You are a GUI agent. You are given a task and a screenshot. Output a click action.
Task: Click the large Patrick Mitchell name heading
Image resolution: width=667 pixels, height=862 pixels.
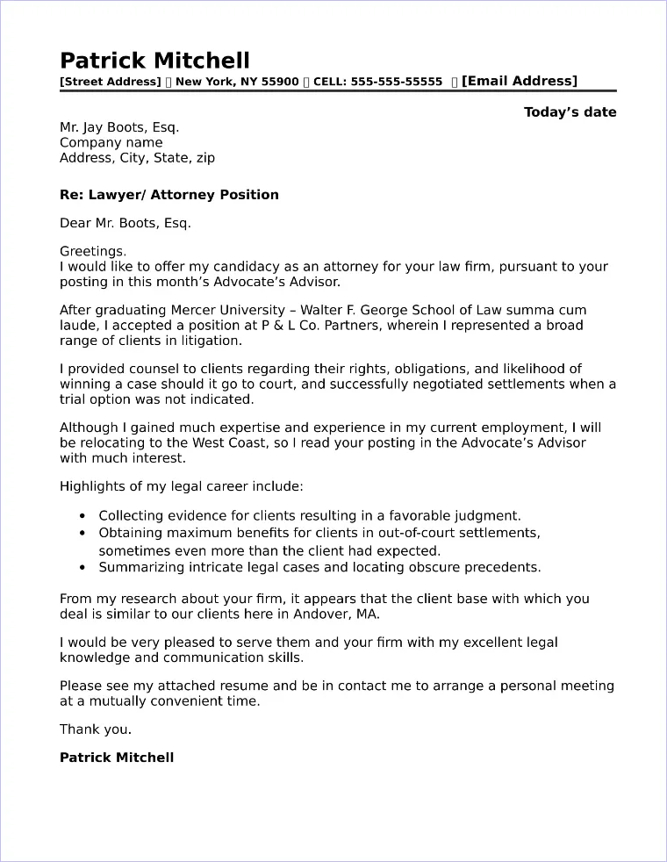point(154,61)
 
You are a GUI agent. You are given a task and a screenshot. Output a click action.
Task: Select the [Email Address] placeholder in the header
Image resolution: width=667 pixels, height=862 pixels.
point(520,82)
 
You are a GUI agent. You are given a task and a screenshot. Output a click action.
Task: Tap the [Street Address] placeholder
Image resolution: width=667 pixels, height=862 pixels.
point(110,83)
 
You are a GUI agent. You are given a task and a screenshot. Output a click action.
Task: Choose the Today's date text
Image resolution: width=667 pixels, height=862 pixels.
point(570,112)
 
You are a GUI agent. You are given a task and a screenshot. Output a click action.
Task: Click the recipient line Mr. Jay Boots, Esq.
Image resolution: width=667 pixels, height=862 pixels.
point(119,127)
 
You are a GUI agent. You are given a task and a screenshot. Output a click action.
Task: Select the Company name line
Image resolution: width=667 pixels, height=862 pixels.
point(111,143)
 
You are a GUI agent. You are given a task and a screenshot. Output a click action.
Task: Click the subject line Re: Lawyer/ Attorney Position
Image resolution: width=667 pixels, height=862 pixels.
point(169,195)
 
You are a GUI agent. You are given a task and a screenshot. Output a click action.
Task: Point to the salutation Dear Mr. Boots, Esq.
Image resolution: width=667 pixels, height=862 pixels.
point(125,223)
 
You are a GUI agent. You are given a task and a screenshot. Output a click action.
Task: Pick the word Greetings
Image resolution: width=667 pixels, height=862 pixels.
point(93,251)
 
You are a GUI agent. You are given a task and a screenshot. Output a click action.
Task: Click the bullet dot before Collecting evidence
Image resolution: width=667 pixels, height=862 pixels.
point(82,517)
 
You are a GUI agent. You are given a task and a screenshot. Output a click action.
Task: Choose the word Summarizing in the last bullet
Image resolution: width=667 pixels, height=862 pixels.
point(138,568)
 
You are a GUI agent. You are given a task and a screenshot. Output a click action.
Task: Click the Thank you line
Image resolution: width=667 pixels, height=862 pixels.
point(96,729)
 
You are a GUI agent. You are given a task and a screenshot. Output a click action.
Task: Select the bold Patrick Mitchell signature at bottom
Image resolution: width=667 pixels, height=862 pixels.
point(117,758)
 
